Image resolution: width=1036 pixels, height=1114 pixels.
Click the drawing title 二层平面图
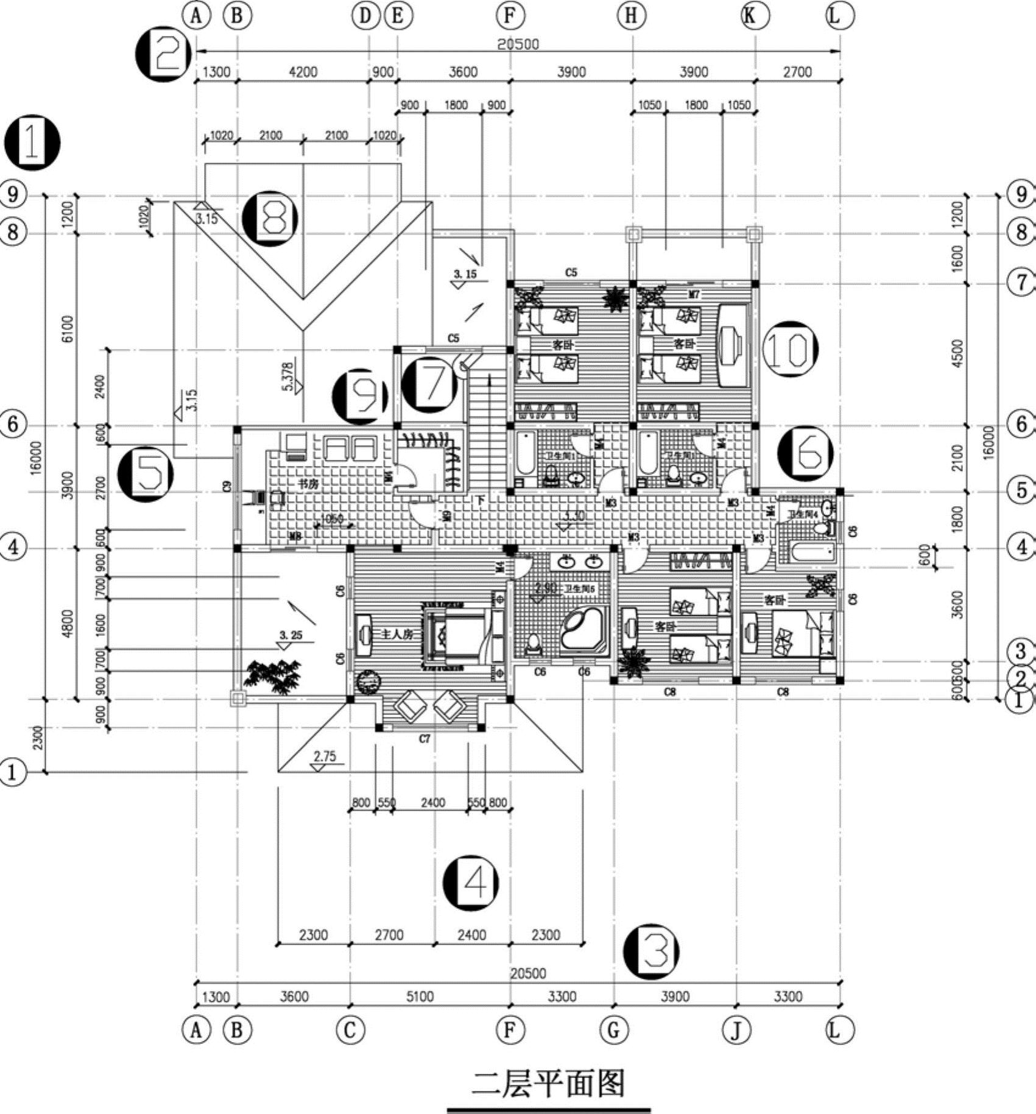point(548,1085)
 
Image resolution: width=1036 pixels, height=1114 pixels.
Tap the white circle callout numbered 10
point(790,349)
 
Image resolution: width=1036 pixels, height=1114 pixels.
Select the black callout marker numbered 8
point(270,218)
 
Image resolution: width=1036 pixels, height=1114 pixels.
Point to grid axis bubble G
point(613,1030)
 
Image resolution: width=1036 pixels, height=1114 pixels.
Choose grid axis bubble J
point(736,1030)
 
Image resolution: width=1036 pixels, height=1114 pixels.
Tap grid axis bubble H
point(632,16)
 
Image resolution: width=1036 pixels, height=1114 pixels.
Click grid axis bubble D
point(365,16)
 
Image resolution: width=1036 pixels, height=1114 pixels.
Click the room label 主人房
point(397,634)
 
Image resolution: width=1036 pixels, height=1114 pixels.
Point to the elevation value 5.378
point(288,376)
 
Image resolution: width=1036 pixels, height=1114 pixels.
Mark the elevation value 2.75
point(325,756)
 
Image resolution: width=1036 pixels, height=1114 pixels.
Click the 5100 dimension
point(420,996)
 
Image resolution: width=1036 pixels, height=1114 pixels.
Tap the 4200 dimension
point(303,72)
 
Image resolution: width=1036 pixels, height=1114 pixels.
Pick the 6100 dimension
point(68,328)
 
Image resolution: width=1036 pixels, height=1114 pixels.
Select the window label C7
point(425,739)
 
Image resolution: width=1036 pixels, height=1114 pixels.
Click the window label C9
point(227,486)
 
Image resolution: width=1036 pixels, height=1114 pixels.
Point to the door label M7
point(694,295)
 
